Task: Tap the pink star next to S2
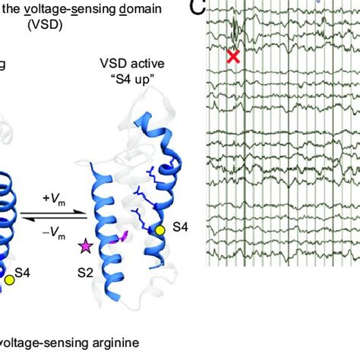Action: point(85,247)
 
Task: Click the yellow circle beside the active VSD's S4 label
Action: point(159,229)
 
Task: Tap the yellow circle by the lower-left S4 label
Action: point(9,280)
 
